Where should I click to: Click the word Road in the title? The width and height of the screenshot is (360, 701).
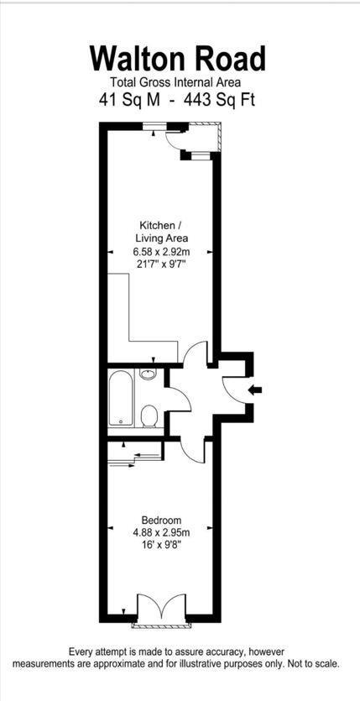pyautogui.click(x=232, y=59)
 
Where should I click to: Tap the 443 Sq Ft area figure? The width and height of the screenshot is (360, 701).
pyautogui.click(x=220, y=99)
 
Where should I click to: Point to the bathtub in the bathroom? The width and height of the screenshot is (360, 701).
pyautogui.click(x=120, y=398)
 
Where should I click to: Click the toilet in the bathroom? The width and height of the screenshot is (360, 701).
pyautogui.click(x=149, y=416)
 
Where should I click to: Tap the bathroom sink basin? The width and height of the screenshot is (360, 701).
pyautogui.click(x=149, y=374)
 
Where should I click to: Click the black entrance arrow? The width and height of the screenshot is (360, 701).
pyautogui.click(x=256, y=390)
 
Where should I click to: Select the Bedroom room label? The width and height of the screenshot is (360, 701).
pyautogui.click(x=160, y=520)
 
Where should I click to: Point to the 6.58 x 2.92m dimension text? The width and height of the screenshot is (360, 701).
pyautogui.click(x=160, y=251)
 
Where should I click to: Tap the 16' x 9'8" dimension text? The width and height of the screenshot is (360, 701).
pyautogui.click(x=160, y=544)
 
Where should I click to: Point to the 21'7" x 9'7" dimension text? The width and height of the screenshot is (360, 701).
pyautogui.click(x=160, y=264)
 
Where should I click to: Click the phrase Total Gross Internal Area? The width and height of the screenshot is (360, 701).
pyautogui.click(x=175, y=82)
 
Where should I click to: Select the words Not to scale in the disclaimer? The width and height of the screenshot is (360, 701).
pyautogui.click(x=311, y=663)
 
